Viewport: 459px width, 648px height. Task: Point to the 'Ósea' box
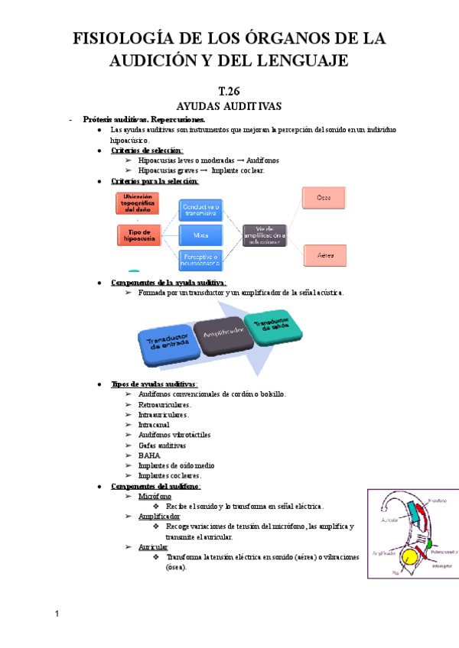click(x=325, y=198)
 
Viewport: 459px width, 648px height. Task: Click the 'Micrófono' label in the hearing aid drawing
click(x=436, y=501)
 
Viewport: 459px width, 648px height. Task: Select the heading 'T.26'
click(x=229, y=90)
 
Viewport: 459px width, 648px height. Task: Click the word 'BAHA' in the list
click(x=149, y=455)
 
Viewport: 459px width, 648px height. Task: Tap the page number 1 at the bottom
click(x=57, y=614)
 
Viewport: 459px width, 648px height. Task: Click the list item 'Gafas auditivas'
click(x=162, y=445)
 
